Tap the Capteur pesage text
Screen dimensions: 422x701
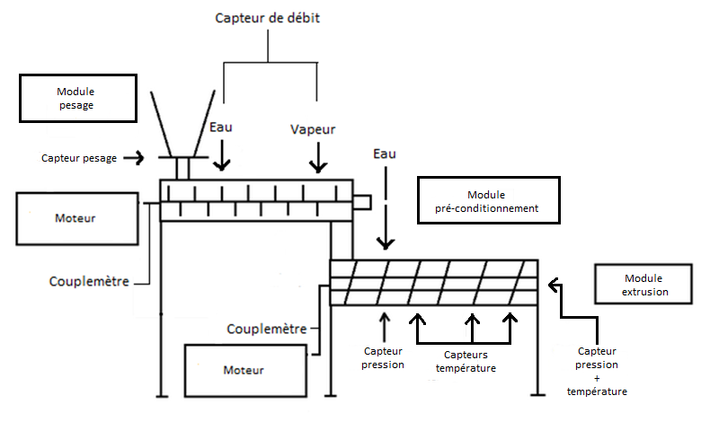[x=79, y=158]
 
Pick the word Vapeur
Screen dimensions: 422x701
[x=313, y=129]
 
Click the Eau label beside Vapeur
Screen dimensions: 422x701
[x=220, y=127]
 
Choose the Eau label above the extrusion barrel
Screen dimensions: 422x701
[x=385, y=154]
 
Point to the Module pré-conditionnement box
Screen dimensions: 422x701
[x=490, y=201]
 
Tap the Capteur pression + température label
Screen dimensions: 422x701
[x=597, y=371]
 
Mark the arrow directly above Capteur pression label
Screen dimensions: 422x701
[x=385, y=323]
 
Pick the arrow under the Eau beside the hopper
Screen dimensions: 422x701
[x=220, y=156]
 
